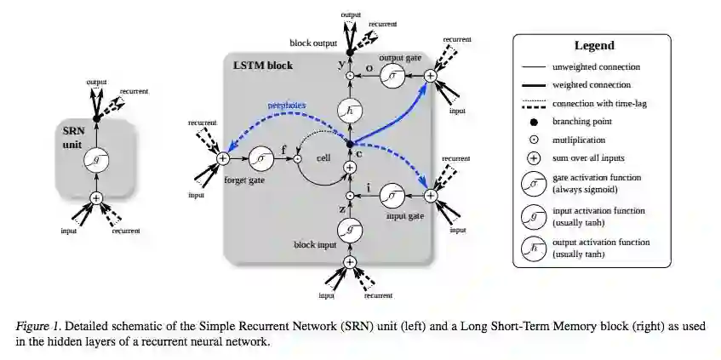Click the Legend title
click(x=595, y=45)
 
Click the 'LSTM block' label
click(x=261, y=66)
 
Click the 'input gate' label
click(x=390, y=216)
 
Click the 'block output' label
click(x=311, y=42)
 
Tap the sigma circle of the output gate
click(x=392, y=76)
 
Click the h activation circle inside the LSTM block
click(x=349, y=110)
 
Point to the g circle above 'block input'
click(x=349, y=230)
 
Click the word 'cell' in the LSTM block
click(x=324, y=158)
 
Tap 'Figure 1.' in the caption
click(x=42, y=327)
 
